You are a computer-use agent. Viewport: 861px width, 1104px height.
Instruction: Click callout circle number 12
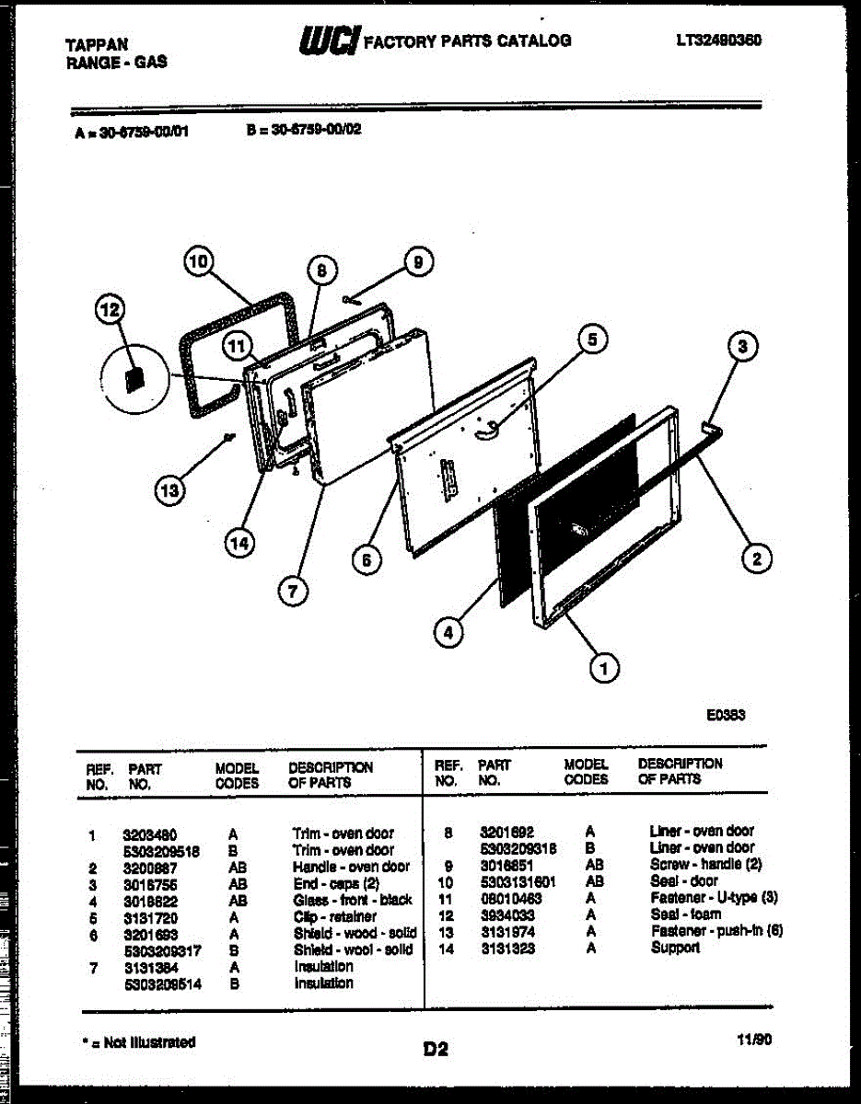pyautogui.click(x=110, y=311)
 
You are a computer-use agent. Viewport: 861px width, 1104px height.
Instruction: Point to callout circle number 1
pyautogui.click(x=604, y=669)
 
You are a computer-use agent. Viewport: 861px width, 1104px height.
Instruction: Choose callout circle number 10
pyautogui.click(x=198, y=262)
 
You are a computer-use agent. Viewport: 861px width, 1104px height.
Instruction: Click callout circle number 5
pyautogui.click(x=592, y=339)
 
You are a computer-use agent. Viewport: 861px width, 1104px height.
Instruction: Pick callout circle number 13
pyautogui.click(x=169, y=491)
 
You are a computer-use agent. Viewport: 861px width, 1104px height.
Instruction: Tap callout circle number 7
pyautogui.click(x=292, y=592)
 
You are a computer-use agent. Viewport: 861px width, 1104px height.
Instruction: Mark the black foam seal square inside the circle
pyautogui.click(x=134, y=379)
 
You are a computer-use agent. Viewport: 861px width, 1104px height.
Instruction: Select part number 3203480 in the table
pyautogui.click(x=150, y=834)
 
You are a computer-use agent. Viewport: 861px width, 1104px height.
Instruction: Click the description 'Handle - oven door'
pyautogui.click(x=351, y=867)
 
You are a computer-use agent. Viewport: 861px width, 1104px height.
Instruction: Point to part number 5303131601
pyautogui.click(x=518, y=881)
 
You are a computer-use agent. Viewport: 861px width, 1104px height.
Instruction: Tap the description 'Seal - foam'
pyautogui.click(x=685, y=914)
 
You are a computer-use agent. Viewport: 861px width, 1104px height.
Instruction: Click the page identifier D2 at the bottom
pyautogui.click(x=436, y=1049)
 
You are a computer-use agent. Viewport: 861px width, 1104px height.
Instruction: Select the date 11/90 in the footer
pyautogui.click(x=754, y=1041)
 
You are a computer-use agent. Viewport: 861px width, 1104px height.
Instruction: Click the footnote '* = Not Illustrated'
pyautogui.click(x=138, y=1042)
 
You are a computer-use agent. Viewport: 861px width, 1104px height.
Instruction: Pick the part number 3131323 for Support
pyautogui.click(x=507, y=948)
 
